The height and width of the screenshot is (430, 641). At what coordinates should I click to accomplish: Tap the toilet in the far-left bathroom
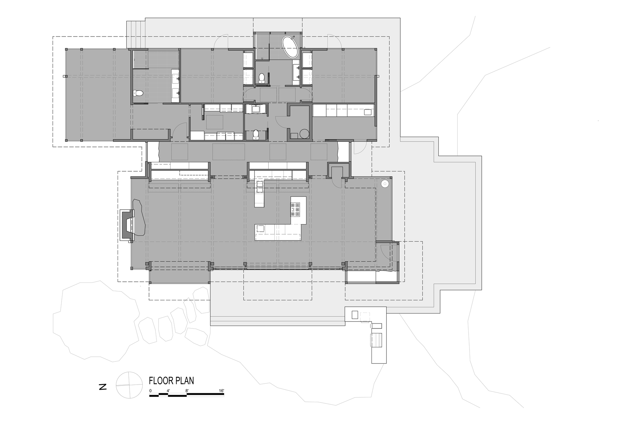pos(138,93)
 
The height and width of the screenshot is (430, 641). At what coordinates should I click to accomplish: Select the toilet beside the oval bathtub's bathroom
pos(262,77)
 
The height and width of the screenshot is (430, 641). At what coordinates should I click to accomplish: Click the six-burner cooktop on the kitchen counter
pos(295,209)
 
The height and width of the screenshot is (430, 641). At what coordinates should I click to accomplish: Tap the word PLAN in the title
pos(185,381)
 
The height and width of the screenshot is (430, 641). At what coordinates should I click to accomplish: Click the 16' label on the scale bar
pos(221,391)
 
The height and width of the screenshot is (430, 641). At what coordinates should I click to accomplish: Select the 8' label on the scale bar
pos(187,391)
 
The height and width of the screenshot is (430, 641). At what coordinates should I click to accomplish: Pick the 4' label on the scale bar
pos(168,391)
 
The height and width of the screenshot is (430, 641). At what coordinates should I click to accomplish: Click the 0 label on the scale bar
pos(151,391)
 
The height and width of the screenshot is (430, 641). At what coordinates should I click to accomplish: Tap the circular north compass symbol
pos(129,385)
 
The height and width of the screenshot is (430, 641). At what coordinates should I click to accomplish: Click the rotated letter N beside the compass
pos(103,387)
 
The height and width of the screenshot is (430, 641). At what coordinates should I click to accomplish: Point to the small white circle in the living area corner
pos(385,183)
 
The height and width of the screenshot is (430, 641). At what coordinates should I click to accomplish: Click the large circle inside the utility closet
pos(304,134)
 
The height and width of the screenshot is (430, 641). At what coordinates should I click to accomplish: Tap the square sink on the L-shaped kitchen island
pos(260,229)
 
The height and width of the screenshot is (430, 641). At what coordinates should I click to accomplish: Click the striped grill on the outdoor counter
pos(376,340)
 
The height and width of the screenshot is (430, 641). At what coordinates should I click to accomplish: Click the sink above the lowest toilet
pos(256,109)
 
